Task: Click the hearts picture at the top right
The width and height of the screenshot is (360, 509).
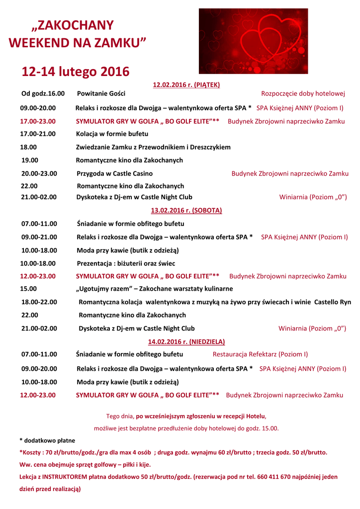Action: [253, 41]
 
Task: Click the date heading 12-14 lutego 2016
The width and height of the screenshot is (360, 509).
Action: [75, 72]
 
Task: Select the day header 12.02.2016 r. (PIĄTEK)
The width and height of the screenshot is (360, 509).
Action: [186, 85]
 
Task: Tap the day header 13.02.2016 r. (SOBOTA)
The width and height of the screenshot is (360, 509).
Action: [186, 210]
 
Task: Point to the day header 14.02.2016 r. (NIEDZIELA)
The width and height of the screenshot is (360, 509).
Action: [186, 341]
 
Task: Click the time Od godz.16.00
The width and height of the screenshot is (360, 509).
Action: [43, 93]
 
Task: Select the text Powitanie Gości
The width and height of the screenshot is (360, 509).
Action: [101, 93]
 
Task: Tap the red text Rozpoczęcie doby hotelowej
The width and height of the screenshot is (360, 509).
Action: [303, 93]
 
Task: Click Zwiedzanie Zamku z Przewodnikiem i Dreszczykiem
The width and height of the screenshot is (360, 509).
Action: [153, 147]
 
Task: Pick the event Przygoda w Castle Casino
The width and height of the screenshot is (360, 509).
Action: [114, 173]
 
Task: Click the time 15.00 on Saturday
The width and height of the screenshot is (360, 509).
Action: [28, 288]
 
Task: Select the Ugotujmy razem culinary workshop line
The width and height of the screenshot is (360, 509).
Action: [154, 288]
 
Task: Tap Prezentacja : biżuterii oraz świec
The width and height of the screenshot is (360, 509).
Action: [126, 263]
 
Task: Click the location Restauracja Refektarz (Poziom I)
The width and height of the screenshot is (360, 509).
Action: [260, 354]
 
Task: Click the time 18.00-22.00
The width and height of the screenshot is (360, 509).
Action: [39, 302]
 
